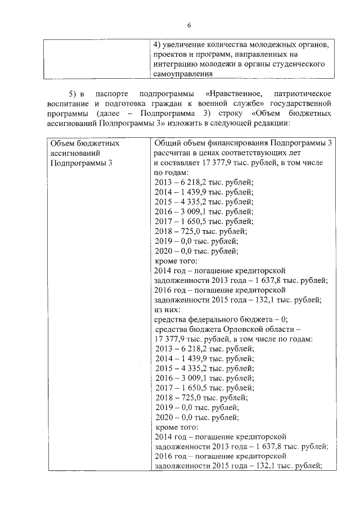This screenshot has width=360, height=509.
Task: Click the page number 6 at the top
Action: coord(190,25)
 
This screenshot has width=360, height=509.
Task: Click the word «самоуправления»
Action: coord(183,74)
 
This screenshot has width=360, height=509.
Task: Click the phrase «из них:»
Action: coord(167,309)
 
